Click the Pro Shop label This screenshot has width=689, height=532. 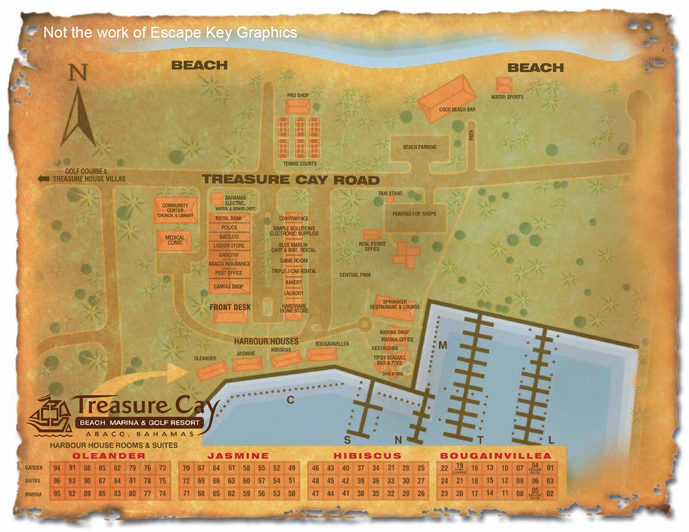click(298, 95)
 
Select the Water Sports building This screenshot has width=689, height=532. click(504, 85)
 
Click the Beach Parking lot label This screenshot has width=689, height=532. click(419, 147)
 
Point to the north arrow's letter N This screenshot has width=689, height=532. click(78, 73)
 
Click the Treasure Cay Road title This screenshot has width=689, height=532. click(291, 179)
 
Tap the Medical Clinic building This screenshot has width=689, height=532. click(175, 240)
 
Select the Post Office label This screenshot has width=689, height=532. click(229, 273)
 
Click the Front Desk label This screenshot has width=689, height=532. click(230, 307)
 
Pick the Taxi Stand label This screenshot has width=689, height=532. click(390, 193)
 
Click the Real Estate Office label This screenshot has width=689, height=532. click(372, 246)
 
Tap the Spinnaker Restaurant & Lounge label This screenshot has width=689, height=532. click(395, 304)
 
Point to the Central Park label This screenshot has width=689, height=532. click(355, 275)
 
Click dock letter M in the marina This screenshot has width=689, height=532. click(443, 345)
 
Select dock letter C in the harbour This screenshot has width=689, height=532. click(290, 400)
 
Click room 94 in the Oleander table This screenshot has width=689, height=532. click(57, 468)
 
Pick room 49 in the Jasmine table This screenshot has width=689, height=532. click(292, 468)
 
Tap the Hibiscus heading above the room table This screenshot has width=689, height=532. click(367, 456)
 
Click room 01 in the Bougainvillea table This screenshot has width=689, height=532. click(550, 468)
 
